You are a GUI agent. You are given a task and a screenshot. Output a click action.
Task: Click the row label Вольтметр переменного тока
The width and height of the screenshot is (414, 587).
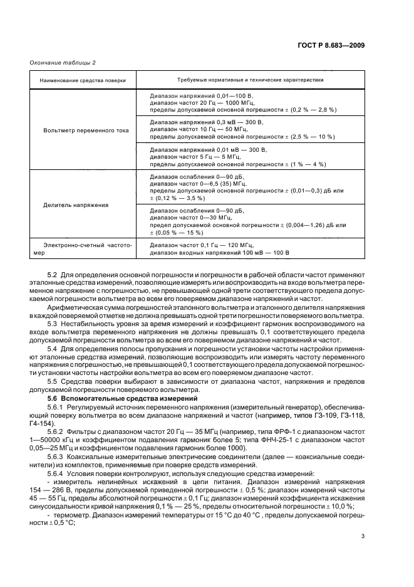(x=86, y=130)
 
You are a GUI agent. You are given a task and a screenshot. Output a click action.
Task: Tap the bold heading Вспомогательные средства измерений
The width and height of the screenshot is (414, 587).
(x=123, y=399)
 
